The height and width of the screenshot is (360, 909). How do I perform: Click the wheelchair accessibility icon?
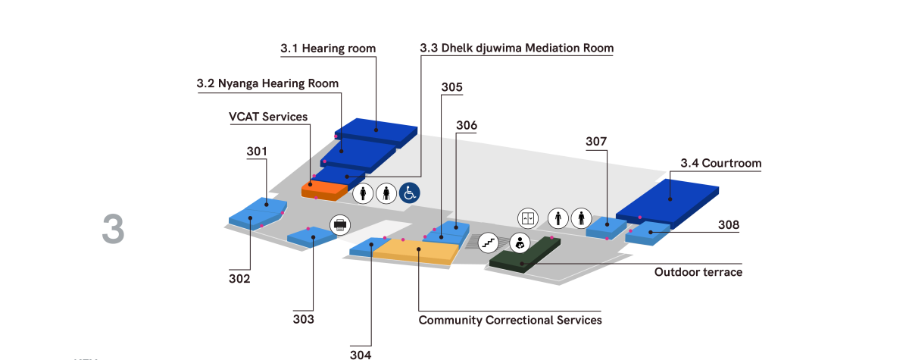(410, 193)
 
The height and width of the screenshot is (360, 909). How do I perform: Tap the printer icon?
(340, 224)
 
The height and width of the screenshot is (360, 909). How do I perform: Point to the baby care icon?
(520, 243)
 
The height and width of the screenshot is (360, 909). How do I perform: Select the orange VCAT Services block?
(324, 189)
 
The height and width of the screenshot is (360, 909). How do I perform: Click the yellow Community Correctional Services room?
(413, 250)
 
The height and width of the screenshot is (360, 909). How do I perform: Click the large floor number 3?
(113, 230)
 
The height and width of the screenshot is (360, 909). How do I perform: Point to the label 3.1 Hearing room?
(328, 49)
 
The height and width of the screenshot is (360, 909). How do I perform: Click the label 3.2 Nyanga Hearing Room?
(267, 83)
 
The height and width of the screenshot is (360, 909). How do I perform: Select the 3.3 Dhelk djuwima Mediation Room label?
(517, 49)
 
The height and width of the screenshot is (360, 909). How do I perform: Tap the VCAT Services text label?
(268, 117)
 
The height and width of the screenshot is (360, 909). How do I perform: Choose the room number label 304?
(361, 353)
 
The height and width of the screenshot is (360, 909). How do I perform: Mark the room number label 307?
(596, 141)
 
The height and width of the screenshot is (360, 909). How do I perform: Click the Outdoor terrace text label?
(698, 272)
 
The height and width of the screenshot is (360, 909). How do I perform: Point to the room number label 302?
(239, 279)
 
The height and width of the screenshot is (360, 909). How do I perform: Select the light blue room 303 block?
(311, 236)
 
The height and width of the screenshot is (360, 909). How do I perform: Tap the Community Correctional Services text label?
(511, 321)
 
